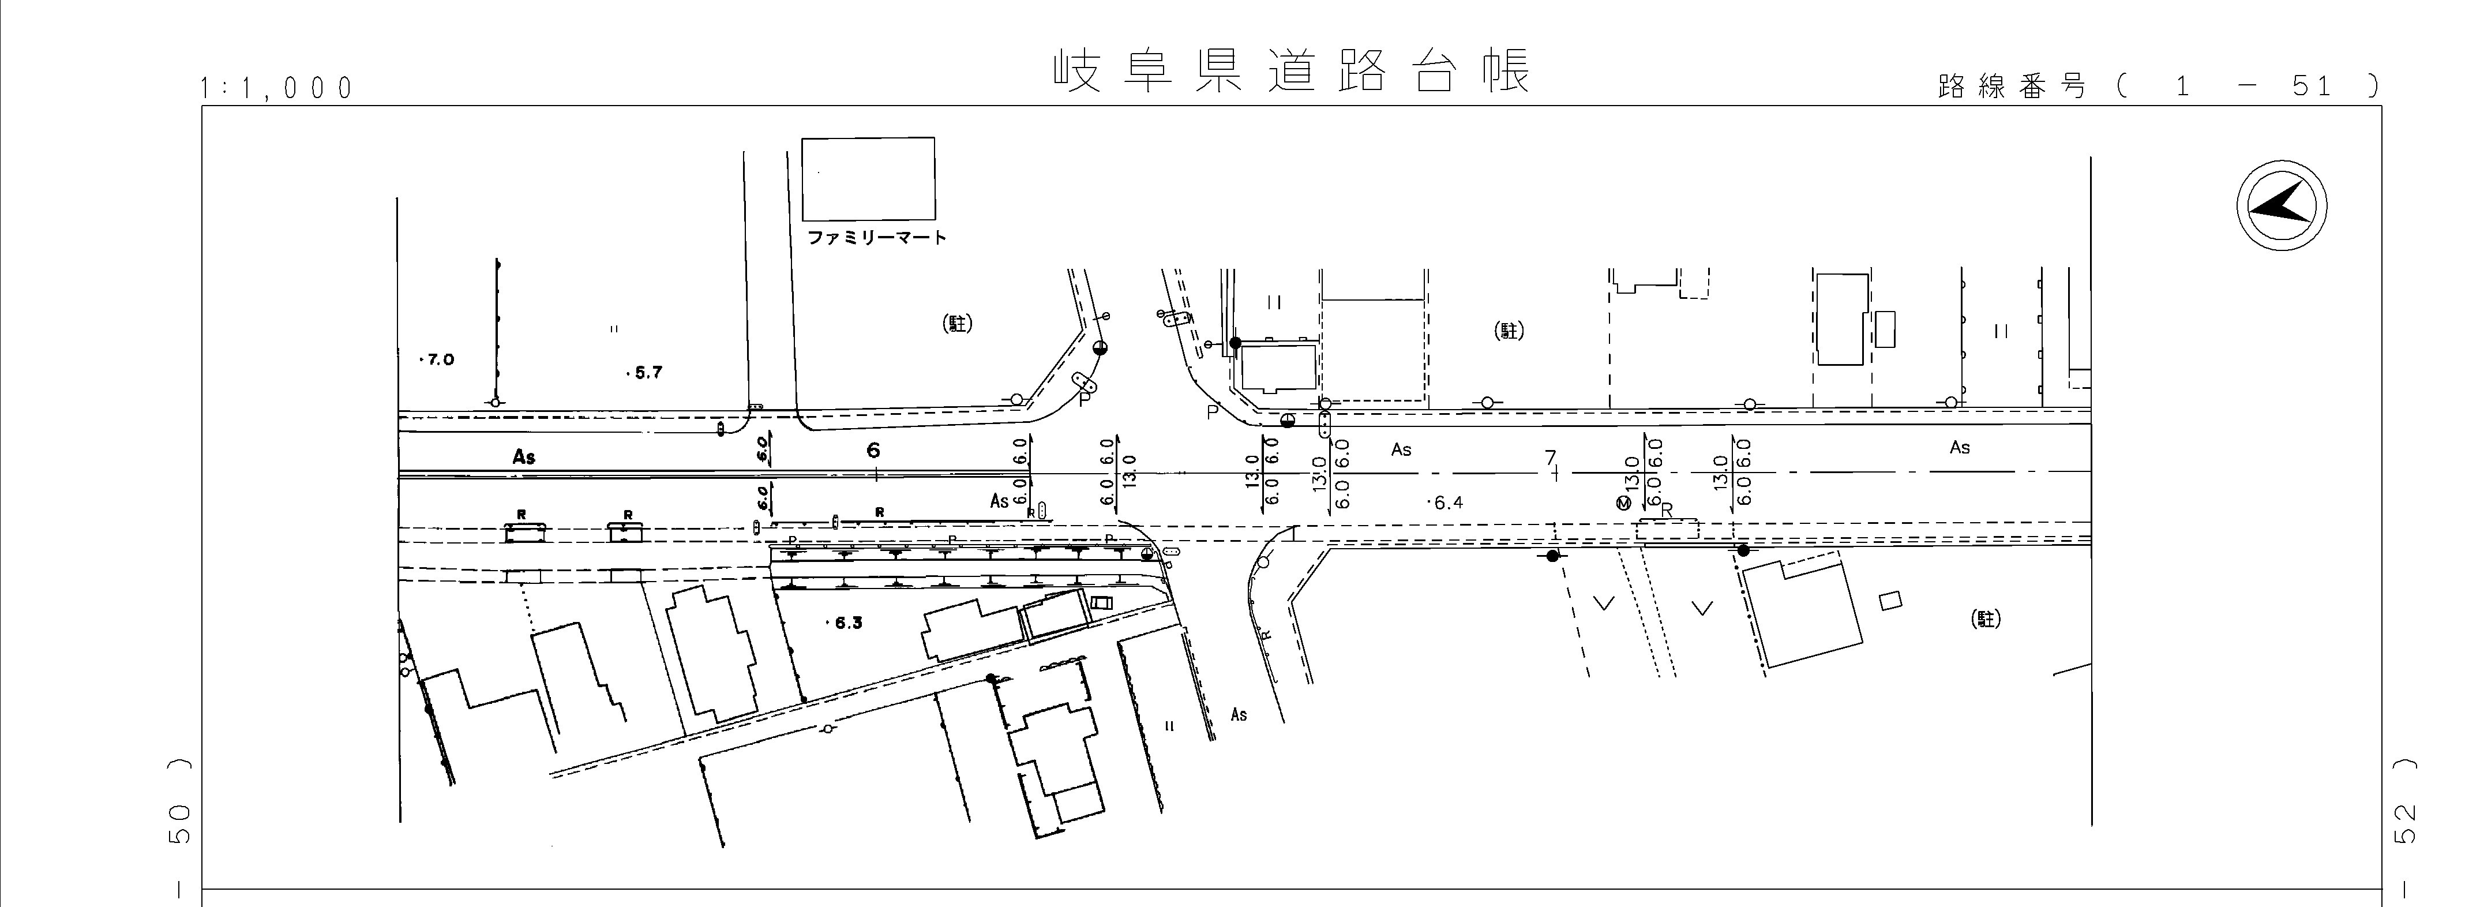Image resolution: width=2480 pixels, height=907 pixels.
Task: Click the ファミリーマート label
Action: pyautogui.click(x=876, y=237)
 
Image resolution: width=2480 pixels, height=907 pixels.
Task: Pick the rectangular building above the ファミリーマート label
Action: pyautogui.click(x=868, y=178)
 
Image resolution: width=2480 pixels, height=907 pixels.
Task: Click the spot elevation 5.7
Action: pyautogui.click(x=646, y=373)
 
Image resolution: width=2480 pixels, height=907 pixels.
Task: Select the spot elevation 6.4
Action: pyautogui.click(x=1447, y=503)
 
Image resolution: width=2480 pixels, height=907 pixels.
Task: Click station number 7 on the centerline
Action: pyautogui.click(x=1550, y=458)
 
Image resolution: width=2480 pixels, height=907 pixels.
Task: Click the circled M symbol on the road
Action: pyautogui.click(x=1624, y=504)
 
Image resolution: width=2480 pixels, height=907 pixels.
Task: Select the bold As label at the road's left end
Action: pyautogui.click(x=524, y=456)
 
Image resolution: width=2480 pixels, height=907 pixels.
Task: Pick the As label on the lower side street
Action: pyautogui.click(x=1239, y=714)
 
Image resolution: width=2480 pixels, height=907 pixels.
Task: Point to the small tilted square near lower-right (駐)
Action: pyautogui.click(x=1891, y=600)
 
